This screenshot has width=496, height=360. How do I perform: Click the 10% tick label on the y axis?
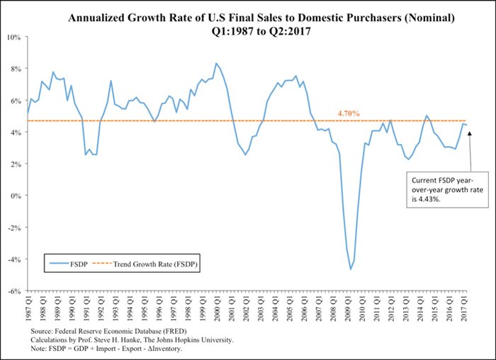click(13, 36)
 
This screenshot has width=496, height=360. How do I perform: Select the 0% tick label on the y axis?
click(16, 196)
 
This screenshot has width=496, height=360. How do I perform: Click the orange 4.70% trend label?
click(348, 113)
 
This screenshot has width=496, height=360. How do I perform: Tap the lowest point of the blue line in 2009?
click(350, 269)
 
